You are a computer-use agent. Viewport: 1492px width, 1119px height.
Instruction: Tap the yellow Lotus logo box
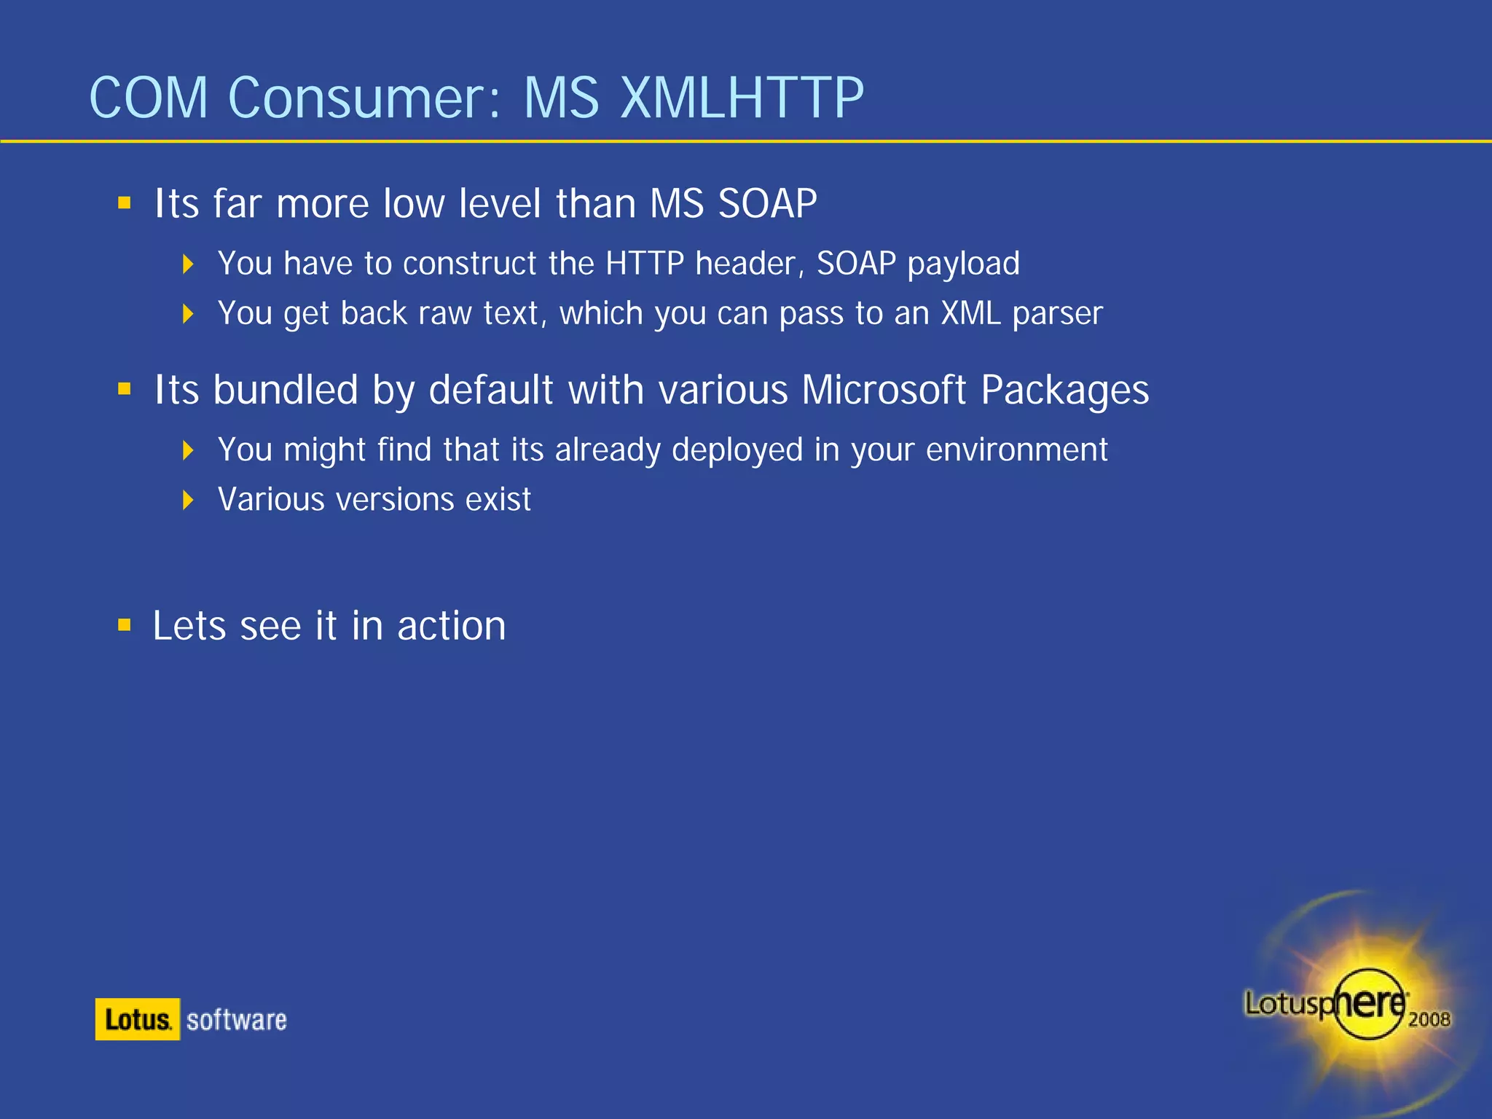(x=137, y=1019)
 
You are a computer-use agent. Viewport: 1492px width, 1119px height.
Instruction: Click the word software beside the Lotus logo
(x=236, y=1020)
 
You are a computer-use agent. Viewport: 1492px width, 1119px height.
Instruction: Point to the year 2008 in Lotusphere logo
(x=1429, y=1019)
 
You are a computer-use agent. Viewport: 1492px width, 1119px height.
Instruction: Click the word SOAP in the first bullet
(x=767, y=203)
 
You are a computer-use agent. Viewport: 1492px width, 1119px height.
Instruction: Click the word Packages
(x=1064, y=391)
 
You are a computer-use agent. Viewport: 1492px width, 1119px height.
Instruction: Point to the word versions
(x=394, y=500)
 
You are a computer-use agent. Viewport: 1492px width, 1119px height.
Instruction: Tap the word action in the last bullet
(x=451, y=626)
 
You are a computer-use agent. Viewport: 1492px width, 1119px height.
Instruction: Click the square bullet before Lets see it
(x=125, y=625)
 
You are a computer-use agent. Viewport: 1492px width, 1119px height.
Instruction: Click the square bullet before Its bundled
(x=125, y=389)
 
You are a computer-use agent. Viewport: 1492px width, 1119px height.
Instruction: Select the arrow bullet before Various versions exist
(x=188, y=500)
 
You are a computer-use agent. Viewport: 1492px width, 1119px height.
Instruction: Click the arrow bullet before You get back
(x=188, y=314)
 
